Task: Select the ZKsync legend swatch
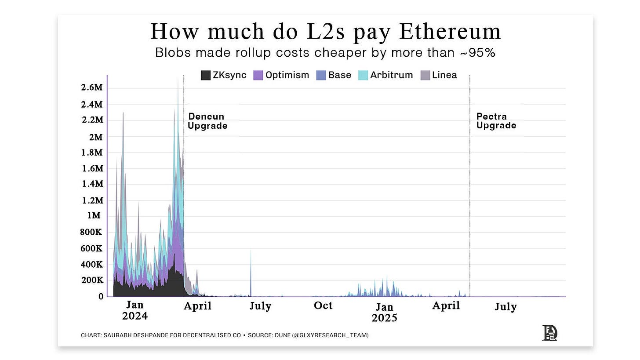click(205, 75)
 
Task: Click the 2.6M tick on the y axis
click(91, 87)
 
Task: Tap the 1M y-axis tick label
click(93, 216)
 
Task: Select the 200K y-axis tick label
click(91, 280)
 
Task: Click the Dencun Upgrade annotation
click(207, 121)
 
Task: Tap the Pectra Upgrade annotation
click(496, 121)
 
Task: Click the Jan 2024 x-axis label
click(135, 310)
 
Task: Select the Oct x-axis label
click(323, 305)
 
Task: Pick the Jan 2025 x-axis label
click(384, 312)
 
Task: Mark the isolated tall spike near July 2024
click(251, 273)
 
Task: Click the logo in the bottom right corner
click(549, 333)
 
